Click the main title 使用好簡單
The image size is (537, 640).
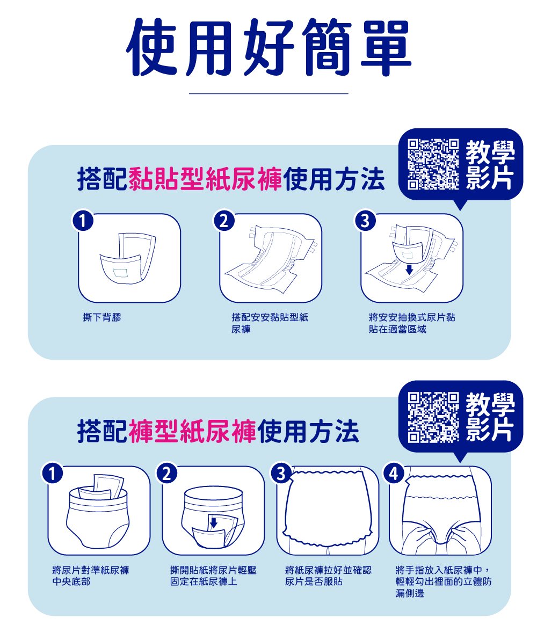point(268,47)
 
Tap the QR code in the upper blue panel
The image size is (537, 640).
point(433,164)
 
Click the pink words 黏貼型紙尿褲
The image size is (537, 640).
point(205,179)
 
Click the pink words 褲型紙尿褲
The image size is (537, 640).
point(192,432)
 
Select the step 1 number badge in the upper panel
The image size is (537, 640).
point(83,221)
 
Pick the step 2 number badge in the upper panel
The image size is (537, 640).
point(224,221)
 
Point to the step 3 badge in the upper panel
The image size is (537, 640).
point(365,221)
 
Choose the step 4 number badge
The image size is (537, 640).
point(393,474)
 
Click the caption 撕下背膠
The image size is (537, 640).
point(102,317)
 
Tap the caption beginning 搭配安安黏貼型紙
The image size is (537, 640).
point(270,323)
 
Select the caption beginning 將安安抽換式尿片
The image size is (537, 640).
point(412,323)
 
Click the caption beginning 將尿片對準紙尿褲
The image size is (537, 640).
point(91,576)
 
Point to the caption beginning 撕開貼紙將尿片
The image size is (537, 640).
point(213,576)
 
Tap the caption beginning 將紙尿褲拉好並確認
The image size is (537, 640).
point(328,576)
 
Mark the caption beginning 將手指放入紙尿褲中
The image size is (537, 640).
point(444,581)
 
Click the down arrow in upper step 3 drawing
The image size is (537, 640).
point(409,269)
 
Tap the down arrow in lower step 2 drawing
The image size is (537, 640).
point(213,522)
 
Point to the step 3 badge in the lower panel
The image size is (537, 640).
point(280,474)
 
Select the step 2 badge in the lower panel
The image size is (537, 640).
point(166,474)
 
